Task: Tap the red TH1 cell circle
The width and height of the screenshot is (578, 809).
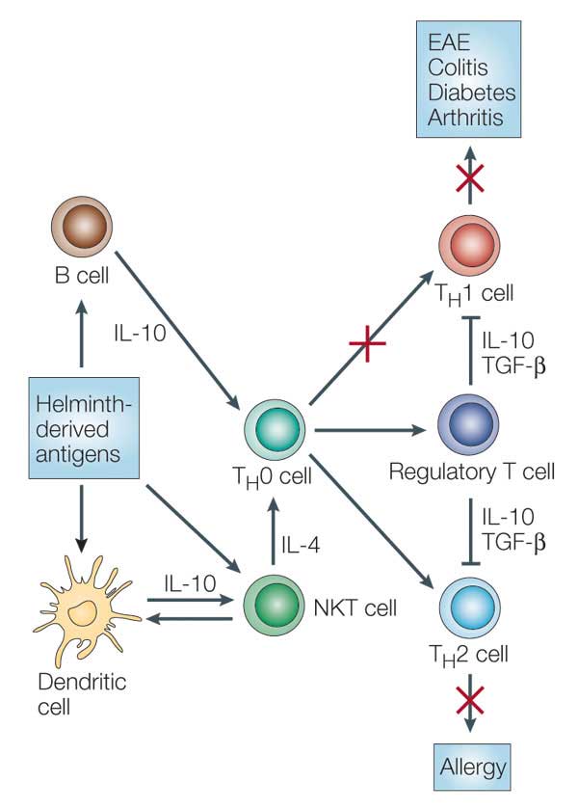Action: click(470, 246)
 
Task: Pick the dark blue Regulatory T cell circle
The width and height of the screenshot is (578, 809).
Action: click(470, 425)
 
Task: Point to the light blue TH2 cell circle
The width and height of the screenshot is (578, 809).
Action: click(470, 606)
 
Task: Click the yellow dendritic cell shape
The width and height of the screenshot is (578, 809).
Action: click(85, 609)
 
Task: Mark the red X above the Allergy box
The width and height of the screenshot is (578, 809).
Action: click(470, 692)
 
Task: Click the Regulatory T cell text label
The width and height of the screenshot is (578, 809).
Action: click(472, 472)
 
